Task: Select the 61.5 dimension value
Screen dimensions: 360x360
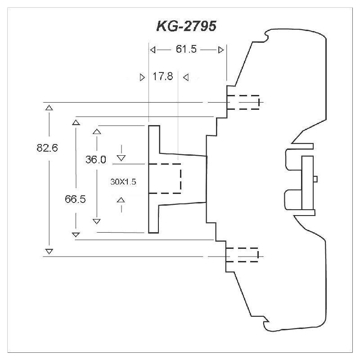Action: coord(186,49)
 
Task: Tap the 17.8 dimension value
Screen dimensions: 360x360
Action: coord(162,76)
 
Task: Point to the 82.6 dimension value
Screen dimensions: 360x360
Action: coord(48,148)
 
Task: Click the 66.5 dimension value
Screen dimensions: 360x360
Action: coord(75,199)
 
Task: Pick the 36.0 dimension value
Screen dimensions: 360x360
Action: coord(96,159)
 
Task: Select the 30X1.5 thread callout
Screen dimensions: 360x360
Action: coord(123,182)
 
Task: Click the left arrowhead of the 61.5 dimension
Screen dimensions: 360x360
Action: coord(153,50)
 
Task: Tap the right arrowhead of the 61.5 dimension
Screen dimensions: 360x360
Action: coord(220,50)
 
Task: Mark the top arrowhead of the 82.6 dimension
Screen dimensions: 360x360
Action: coord(49,108)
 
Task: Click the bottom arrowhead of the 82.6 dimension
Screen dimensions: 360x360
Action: coord(49,251)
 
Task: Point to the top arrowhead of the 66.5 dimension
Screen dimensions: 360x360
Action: coord(76,121)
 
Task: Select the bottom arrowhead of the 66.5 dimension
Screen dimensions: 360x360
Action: coord(76,234)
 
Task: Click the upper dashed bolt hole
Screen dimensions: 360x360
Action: coord(243,102)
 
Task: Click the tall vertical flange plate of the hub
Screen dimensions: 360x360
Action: coord(154,179)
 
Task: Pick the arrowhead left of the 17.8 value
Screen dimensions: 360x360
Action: coord(143,77)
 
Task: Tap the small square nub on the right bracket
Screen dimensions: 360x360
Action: coord(315,179)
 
